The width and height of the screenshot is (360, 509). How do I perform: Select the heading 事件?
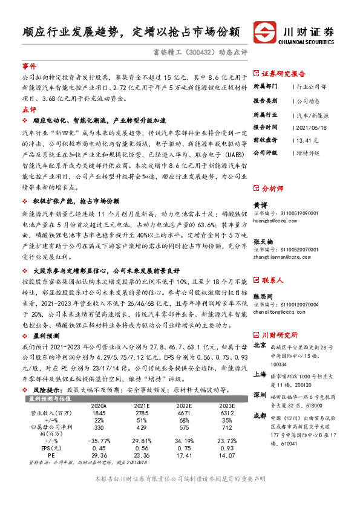pyautogui.click(x=29, y=65)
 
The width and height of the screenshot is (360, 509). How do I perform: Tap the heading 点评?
pyautogui.click(x=29, y=109)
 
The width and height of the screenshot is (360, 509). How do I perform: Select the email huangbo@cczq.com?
pyautogui.click(x=273, y=221)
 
